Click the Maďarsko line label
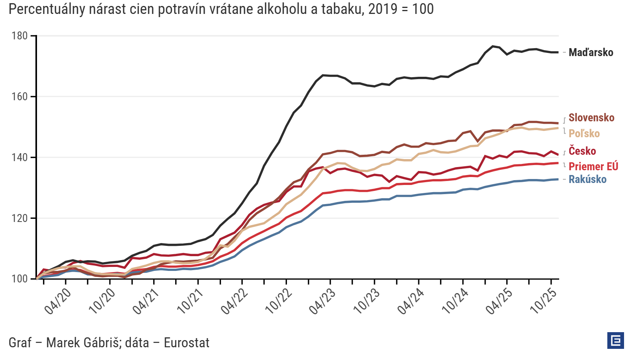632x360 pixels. [591, 53]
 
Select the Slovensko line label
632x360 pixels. [591, 118]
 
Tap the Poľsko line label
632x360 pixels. [584, 134]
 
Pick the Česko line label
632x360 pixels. [582, 151]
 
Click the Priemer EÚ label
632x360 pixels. [593, 167]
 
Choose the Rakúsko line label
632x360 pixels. [587, 179]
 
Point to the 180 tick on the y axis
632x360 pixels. [20, 36]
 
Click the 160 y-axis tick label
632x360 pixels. [20, 97]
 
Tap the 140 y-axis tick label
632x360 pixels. [20, 158]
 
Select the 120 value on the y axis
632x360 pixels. [20, 218]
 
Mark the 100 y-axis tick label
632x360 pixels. [20, 279]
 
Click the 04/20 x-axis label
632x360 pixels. [58, 301]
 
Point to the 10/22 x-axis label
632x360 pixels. [279, 301]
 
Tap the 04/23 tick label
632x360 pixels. [323, 301]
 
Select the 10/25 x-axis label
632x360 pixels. [543, 301]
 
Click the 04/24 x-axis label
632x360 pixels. [411, 301]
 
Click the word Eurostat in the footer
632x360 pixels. [186, 343]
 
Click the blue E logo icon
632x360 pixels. [616, 341]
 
